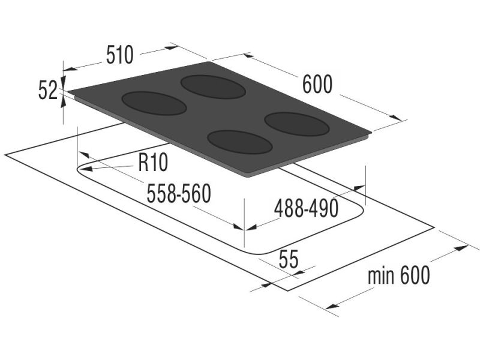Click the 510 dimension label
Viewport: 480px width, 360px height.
coord(119,55)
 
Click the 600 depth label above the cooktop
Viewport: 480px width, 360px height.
coord(317,85)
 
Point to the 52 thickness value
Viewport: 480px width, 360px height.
coord(47,91)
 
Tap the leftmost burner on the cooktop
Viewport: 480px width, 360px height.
coord(154,103)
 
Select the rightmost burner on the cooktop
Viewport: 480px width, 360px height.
coord(297,124)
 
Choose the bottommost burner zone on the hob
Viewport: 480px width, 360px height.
coord(240,143)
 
